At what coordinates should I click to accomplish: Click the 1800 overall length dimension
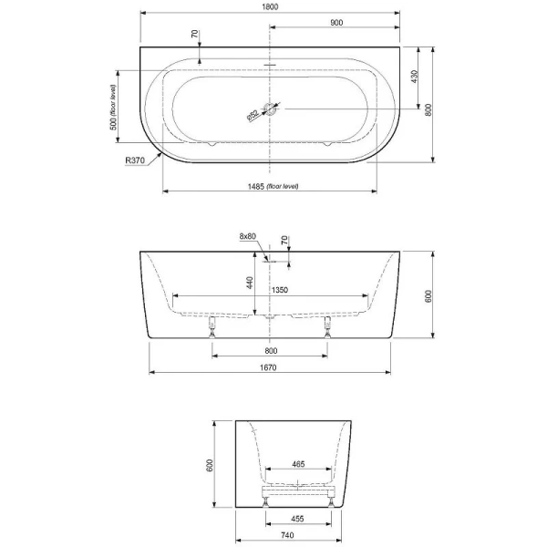click(x=270, y=6)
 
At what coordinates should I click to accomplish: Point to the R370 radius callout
click(x=137, y=160)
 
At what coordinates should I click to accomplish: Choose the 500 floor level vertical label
click(x=114, y=108)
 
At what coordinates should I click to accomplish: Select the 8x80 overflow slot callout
click(x=249, y=236)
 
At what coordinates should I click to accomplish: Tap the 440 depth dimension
click(x=249, y=283)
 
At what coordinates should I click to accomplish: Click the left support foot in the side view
click(x=213, y=325)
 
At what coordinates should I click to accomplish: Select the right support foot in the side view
click(x=325, y=325)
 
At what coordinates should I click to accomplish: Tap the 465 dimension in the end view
click(x=298, y=464)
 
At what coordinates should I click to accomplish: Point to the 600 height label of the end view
click(x=210, y=464)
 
